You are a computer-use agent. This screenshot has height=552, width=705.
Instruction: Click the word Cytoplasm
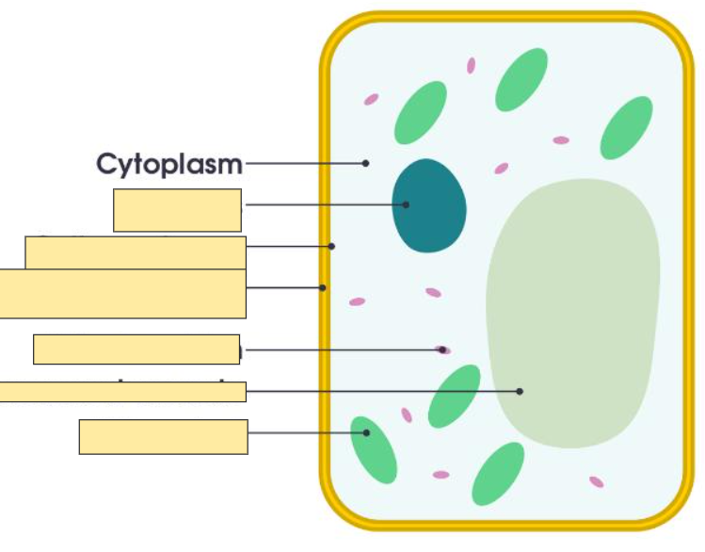pyautogui.click(x=169, y=164)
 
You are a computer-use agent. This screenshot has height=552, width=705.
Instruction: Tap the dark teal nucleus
pyautogui.click(x=429, y=205)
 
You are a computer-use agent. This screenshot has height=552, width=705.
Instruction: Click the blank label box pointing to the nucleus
pyautogui.click(x=177, y=210)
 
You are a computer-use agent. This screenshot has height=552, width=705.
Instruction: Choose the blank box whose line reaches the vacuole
pyautogui.click(x=122, y=392)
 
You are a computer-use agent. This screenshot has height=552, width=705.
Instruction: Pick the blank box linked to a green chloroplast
pyautogui.click(x=163, y=437)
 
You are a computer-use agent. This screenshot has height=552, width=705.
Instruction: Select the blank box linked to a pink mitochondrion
pyautogui.click(x=136, y=349)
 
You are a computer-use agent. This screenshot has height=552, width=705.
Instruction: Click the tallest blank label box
pyautogui.click(x=122, y=294)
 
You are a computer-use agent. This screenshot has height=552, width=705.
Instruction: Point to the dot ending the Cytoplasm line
pyautogui.click(x=365, y=164)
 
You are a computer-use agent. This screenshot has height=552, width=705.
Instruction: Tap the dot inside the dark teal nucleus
pyautogui.click(x=407, y=204)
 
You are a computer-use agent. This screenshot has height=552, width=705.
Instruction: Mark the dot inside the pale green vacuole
pyautogui.click(x=520, y=391)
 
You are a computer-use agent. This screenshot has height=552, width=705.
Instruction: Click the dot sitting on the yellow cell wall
pyautogui.click(x=323, y=287)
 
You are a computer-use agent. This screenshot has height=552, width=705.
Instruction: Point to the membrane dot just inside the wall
pyautogui.click(x=331, y=247)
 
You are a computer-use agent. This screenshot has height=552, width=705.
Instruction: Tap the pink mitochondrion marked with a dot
pyautogui.click(x=442, y=350)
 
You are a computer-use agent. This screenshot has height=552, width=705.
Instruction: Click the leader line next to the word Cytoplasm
pyautogui.click(x=301, y=164)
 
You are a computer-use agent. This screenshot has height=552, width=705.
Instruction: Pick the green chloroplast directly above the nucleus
pyautogui.click(x=421, y=112)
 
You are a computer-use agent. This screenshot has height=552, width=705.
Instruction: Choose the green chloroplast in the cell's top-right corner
pyautogui.click(x=626, y=127)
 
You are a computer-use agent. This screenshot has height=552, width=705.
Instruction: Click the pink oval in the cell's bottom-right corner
pyautogui.click(x=596, y=482)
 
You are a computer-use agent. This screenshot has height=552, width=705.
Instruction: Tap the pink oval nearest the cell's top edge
pyautogui.click(x=471, y=66)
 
